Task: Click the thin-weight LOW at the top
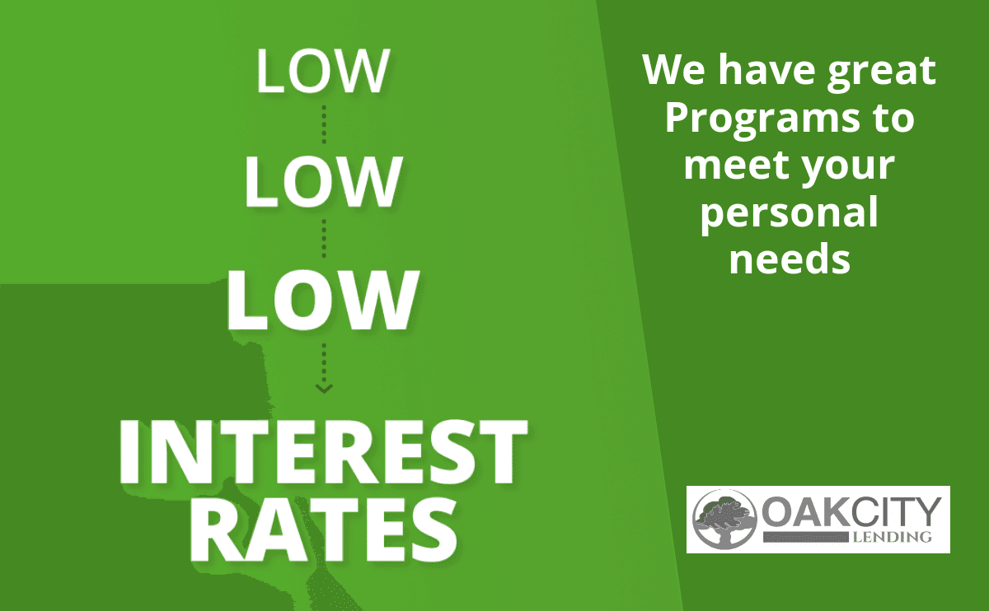tap(323, 71)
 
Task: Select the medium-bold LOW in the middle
tap(323, 181)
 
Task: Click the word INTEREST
tap(323, 451)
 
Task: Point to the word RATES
tap(325, 529)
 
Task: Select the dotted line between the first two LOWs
tap(324, 124)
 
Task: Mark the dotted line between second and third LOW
tap(324, 239)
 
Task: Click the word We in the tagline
tap(674, 70)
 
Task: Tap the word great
tap(882, 72)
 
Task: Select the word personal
tap(790, 214)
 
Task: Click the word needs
tap(790, 259)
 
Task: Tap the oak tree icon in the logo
tap(724, 519)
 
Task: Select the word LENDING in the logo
tap(892, 537)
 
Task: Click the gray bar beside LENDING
tap(806, 538)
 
